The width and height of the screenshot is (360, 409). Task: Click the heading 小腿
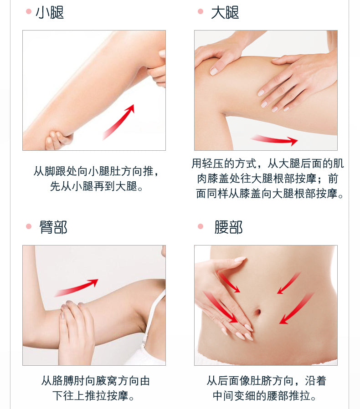coord(50,12)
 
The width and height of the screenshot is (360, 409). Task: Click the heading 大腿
coord(225,12)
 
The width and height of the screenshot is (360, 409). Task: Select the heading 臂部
coord(53,227)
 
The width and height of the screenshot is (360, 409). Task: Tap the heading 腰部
coord(228,227)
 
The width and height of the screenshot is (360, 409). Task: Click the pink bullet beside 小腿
coord(29,11)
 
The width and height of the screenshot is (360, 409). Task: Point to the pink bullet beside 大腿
coord(201,11)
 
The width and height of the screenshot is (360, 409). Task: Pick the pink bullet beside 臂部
coord(29,226)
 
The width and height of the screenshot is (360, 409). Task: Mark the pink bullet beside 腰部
coord(201,226)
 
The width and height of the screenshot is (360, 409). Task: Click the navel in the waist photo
coord(257,312)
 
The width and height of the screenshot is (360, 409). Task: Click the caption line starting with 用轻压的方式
coord(267,164)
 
